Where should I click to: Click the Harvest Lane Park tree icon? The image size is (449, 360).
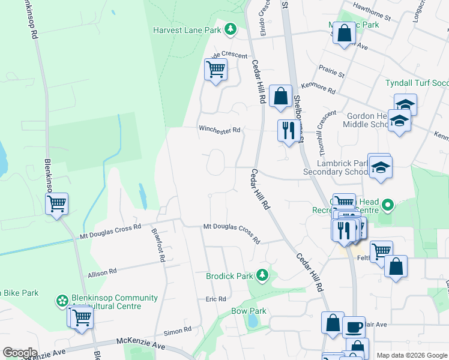(230, 29)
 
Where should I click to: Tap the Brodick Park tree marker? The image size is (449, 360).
(262, 275)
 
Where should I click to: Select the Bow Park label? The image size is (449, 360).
(249, 311)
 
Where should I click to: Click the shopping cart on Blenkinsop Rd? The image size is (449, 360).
(57, 205)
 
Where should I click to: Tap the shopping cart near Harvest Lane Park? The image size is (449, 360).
(215, 70)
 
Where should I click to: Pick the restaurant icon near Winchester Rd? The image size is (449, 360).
(289, 130)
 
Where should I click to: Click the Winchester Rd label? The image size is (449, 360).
(220, 130)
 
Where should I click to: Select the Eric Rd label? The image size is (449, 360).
(215, 299)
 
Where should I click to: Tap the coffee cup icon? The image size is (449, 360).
(354, 327)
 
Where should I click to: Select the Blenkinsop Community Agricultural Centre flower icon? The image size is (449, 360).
(61, 301)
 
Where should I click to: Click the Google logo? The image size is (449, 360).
(20, 353)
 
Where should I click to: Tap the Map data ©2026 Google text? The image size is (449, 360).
(411, 355)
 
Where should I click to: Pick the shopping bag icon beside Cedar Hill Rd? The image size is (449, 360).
(280, 96)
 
